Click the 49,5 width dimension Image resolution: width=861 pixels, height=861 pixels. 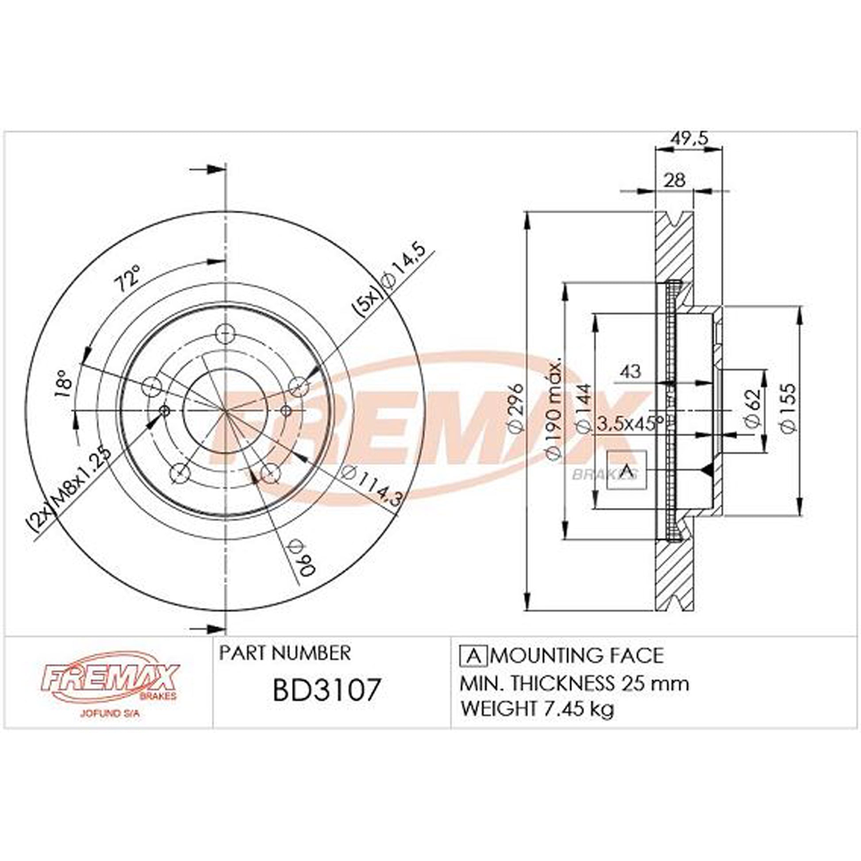[x=688, y=139]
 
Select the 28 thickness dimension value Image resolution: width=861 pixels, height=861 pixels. [x=674, y=181]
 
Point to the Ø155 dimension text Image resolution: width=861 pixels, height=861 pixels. [x=788, y=408]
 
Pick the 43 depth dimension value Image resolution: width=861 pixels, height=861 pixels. [x=630, y=371]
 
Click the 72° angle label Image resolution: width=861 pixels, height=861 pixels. [x=128, y=279]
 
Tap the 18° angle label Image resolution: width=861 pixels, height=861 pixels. [x=63, y=383]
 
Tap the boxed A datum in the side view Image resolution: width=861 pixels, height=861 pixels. [x=626, y=470]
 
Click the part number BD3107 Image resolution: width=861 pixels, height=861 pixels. [x=327, y=689]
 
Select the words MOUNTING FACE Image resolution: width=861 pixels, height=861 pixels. [x=579, y=655]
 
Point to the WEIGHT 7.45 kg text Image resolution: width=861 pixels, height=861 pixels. [x=538, y=708]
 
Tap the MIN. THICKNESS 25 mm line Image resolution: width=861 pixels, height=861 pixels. [x=574, y=683]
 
